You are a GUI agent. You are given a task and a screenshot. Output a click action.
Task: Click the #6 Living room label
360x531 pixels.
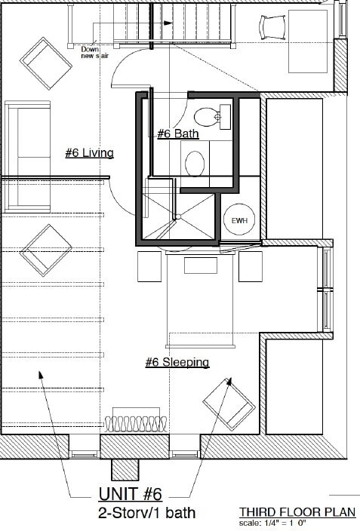pyautogui.click(x=89, y=153)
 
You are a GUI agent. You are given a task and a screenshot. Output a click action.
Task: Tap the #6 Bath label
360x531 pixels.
pyautogui.click(x=177, y=134)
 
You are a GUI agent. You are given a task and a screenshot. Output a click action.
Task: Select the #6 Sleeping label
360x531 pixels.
pyautogui.click(x=177, y=363)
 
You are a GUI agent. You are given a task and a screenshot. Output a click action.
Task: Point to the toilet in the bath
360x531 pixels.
pyautogui.click(x=209, y=116)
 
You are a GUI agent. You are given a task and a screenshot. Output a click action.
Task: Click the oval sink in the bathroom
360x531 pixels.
pyautogui.click(x=195, y=163)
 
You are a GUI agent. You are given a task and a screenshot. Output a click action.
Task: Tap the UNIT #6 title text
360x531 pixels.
pyautogui.click(x=131, y=494)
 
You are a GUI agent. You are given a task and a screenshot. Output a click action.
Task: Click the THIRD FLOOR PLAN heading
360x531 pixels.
pyautogui.click(x=297, y=512)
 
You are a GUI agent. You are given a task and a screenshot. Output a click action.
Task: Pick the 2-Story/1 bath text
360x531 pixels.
pyautogui.click(x=146, y=514)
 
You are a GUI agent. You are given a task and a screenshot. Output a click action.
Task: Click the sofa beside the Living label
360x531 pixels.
pyautogui.click(x=28, y=156)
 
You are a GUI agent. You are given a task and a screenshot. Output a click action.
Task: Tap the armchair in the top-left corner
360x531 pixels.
pyautogui.click(x=45, y=63)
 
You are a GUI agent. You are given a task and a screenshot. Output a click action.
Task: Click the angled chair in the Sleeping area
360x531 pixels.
pyautogui.click(x=229, y=404)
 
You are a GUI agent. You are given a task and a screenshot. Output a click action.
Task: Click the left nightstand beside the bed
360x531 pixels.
pyautogui.click(x=149, y=266)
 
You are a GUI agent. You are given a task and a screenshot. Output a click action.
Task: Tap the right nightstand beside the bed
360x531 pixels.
pyautogui.click(x=250, y=266)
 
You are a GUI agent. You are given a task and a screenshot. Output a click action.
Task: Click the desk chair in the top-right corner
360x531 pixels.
pyautogui.click(x=270, y=26)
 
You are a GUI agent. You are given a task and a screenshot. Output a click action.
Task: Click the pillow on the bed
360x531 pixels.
pyautogui.click(x=200, y=265)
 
